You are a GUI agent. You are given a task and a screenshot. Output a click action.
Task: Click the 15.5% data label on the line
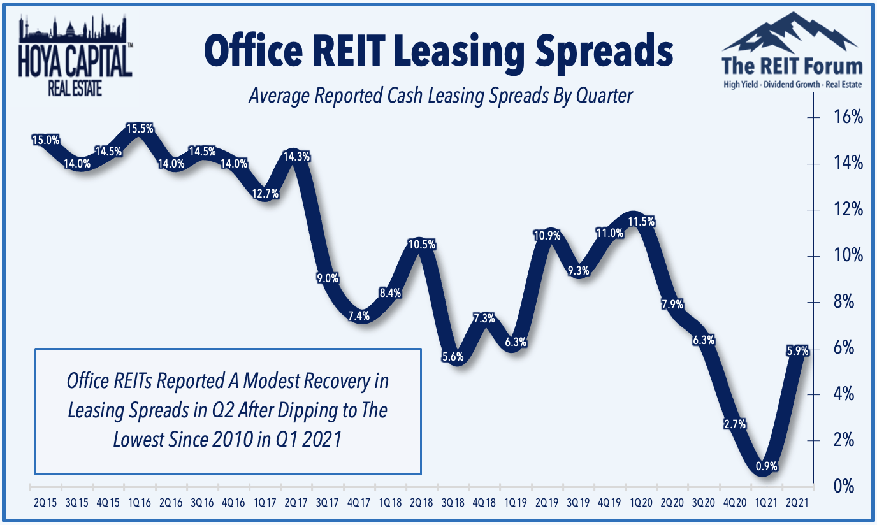(x=140, y=128)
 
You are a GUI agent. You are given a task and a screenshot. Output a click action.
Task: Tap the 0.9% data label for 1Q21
(x=766, y=466)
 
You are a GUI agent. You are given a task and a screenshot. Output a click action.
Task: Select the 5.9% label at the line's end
(x=798, y=350)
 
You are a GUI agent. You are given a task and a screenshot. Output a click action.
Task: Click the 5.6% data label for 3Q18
(x=452, y=357)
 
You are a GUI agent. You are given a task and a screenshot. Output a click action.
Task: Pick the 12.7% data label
(x=266, y=194)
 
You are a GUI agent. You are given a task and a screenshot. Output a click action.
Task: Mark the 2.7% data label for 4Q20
(x=735, y=424)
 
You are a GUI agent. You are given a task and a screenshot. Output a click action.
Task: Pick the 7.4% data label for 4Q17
(x=359, y=315)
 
